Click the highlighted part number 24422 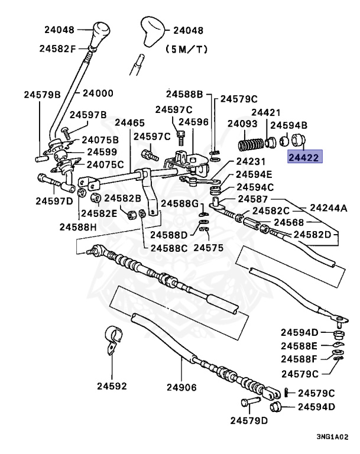[x=304, y=158]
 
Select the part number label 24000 [x=98, y=93]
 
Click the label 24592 [x=112, y=387]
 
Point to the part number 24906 [x=181, y=387]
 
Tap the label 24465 [x=129, y=123]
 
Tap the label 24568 [x=288, y=222]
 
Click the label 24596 [x=193, y=122]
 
